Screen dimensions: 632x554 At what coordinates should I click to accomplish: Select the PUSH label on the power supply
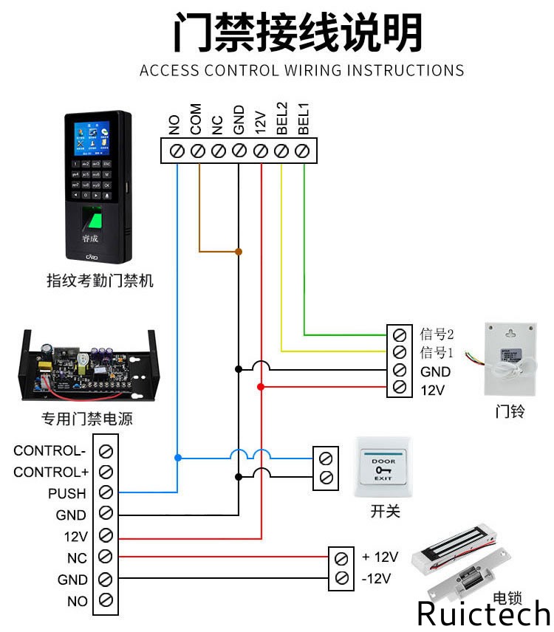(x=67, y=493)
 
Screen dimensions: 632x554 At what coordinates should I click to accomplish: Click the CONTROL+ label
(x=50, y=472)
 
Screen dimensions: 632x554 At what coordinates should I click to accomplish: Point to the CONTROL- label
(x=49, y=450)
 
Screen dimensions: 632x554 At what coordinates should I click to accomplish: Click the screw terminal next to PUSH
(x=106, y=492)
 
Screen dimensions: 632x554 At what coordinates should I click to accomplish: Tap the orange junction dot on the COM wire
(x=239, y=252)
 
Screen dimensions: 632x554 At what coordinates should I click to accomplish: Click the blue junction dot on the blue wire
(x=177, y=458)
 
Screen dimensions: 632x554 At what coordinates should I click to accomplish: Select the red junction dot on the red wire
(x=261, y=386)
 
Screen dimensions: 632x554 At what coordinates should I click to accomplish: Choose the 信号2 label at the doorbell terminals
(x=436, y=334)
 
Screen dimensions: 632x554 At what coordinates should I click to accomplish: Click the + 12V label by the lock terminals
(x=380, y=557)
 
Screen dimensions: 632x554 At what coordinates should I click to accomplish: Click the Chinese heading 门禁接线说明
(x=298, y=33)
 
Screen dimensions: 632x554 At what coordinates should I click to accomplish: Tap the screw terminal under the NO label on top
(x=177, y=151)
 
